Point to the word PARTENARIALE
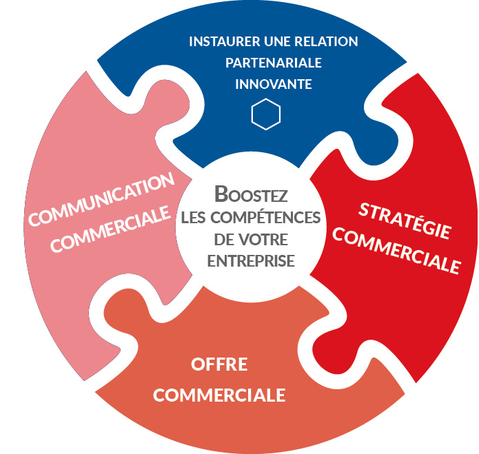point(274,63)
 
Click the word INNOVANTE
point(274,85)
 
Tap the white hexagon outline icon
point(266,114)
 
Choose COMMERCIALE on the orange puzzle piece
point(219,395)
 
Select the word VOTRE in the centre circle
point(265,240)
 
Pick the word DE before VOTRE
point(223,240)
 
